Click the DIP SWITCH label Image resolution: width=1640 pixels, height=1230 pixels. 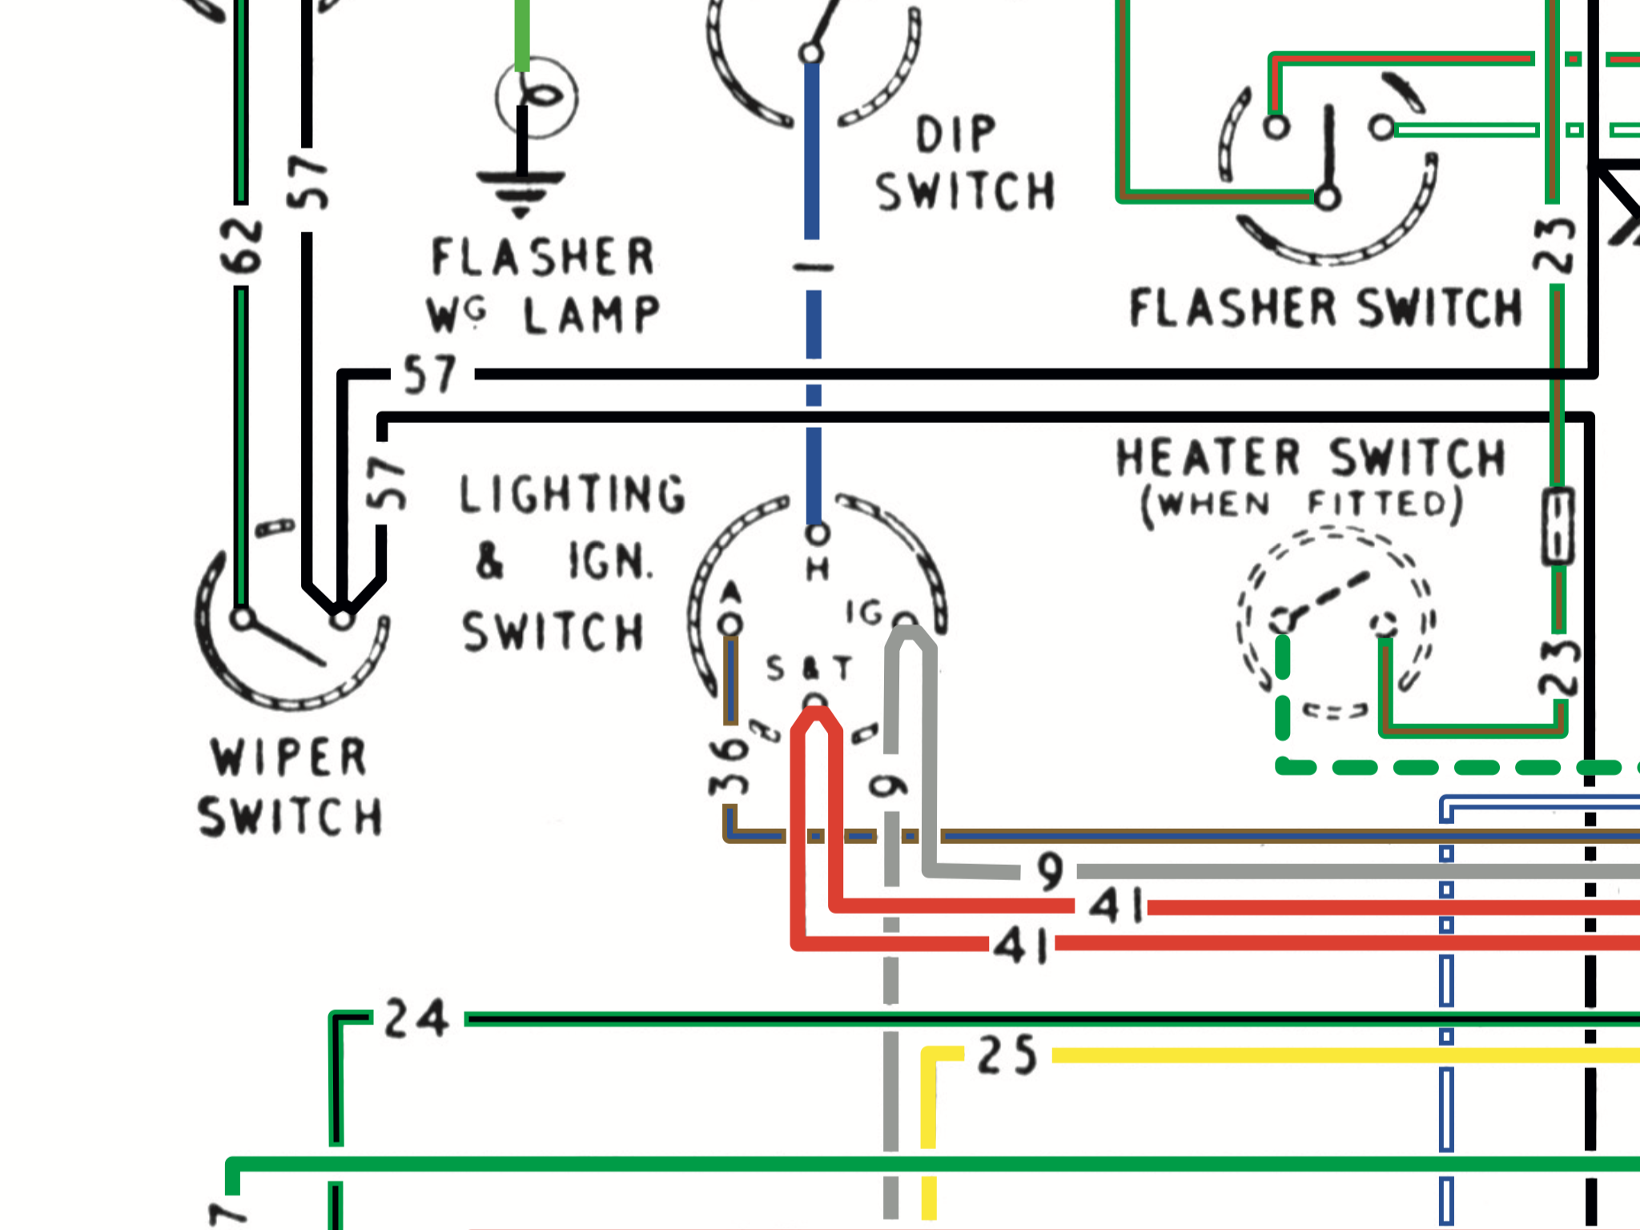point(965,164)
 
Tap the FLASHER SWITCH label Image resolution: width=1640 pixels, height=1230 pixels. point(1325,308)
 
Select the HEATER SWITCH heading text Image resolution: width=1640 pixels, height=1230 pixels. point(1311,458)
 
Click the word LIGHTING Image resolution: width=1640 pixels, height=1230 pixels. point(573,494)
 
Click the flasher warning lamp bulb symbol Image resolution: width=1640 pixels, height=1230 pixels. point(537,97)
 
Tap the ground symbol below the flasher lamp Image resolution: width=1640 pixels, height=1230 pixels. point(521,192)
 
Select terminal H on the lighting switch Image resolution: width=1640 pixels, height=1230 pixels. point(817,534)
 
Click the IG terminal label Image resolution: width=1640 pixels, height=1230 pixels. point(865,613)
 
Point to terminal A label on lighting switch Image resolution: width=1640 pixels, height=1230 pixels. point(731,593)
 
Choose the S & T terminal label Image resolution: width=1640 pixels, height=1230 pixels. point(809,668)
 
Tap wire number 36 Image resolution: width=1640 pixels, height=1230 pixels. point(729,766)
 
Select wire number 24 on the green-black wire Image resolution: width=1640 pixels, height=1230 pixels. point(416,1019)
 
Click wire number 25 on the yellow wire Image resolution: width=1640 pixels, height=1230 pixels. point(1007,1055)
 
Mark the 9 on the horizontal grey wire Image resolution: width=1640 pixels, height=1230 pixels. point(1050,872)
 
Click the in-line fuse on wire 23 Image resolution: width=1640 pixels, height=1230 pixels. point(1558,526)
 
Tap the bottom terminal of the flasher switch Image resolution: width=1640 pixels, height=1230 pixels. point(1327,197)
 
